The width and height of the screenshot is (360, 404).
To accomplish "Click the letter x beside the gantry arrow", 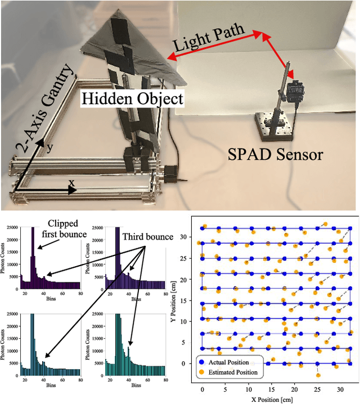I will coord(71,183).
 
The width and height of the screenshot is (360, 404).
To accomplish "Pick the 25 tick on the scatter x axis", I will coord(318,389).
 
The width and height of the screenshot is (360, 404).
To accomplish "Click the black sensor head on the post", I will coord(296,91).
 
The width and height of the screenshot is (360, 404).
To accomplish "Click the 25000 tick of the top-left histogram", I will coord(11,227).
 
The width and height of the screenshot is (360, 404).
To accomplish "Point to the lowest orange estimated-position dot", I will coord(318,375).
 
